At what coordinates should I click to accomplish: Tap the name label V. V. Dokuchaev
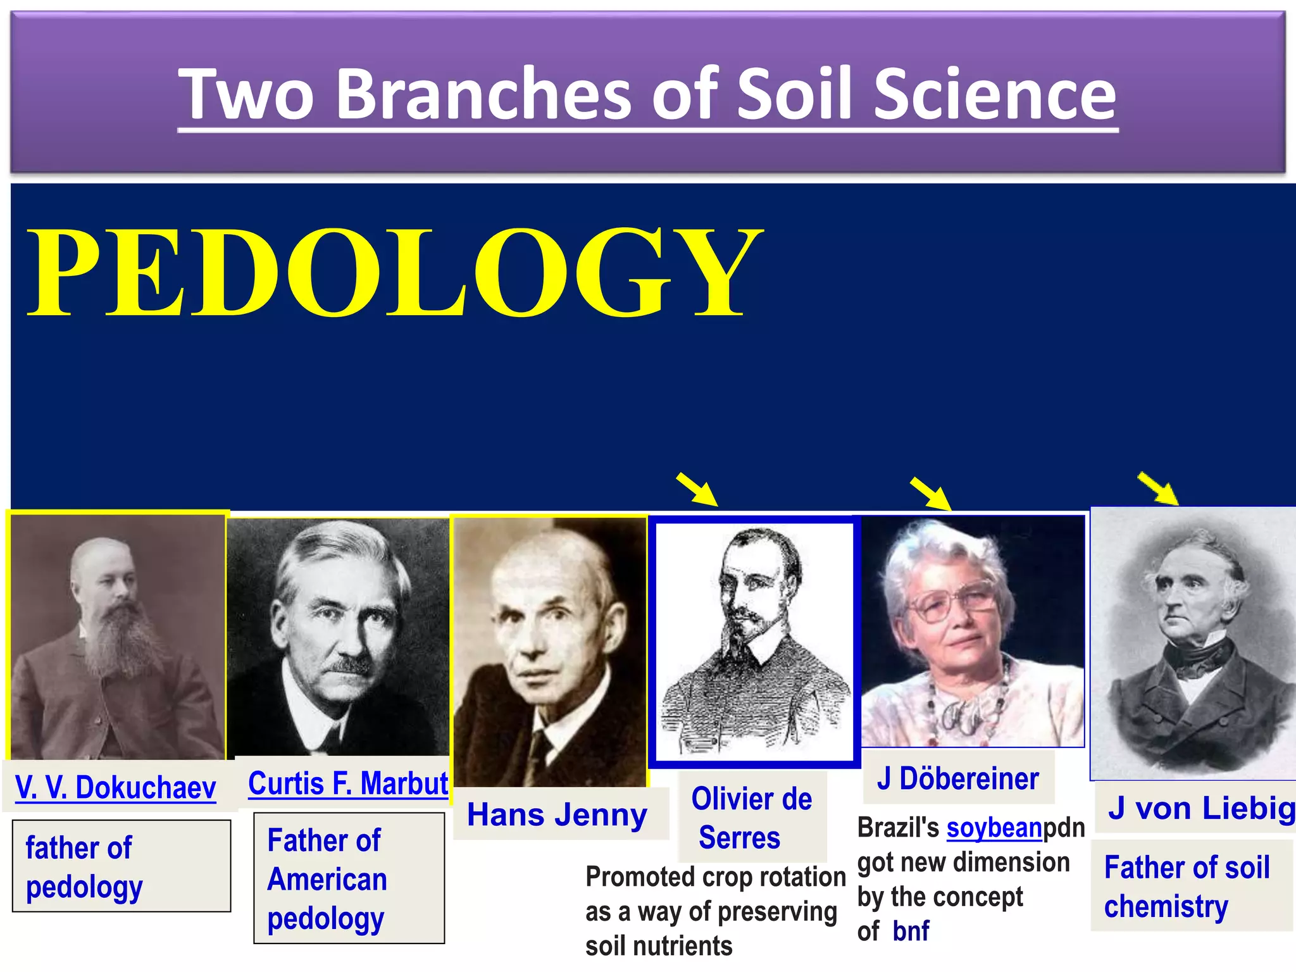point(115,788)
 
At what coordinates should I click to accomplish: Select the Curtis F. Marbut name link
point(348,783)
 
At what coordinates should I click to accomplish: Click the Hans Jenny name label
point(557,814)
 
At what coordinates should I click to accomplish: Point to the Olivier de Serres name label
point(751,818)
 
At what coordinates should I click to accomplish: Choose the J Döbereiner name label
point(957,778)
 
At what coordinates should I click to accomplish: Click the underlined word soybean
point(994,828)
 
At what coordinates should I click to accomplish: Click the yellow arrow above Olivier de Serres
point(697,489)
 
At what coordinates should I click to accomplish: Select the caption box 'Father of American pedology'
point(349,878)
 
